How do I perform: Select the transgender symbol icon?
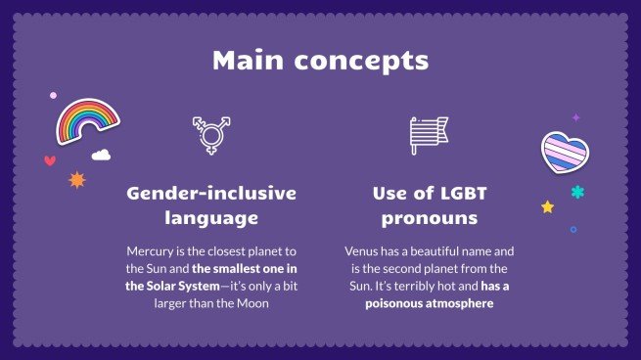pos(209,134)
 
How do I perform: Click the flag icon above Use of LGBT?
pos(428,134)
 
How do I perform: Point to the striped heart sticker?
pos(565,153)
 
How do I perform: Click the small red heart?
pos(50,160)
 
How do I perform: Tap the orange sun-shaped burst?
pos(76,180)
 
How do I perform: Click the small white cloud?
pos(101,155)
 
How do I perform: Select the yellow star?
pos(547,206)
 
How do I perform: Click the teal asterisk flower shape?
pos(577,193)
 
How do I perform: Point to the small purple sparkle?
pos(576,116)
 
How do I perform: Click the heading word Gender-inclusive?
pos(210,193)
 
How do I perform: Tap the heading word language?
pos(210,217)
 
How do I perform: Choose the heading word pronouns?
pos(429,217)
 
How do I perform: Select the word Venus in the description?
pos(363,250)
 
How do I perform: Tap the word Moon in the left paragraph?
pos(251,303)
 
